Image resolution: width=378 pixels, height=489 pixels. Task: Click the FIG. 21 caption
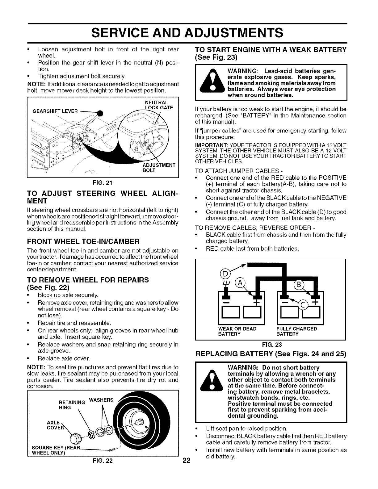(x=103, y=182)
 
